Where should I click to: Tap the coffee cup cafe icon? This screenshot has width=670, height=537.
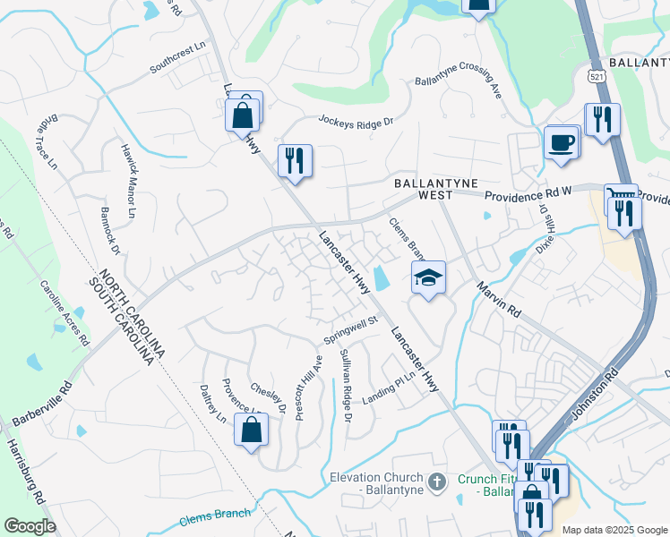click(562, 142)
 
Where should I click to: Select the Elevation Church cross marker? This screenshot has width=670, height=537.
click(437, 482)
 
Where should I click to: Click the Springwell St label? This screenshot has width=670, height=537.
click(352, 329)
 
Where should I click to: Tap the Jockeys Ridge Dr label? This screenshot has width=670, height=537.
click(356, 121)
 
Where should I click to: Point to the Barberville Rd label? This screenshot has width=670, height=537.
click(41, 405)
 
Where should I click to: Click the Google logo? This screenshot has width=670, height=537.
click(30, 526)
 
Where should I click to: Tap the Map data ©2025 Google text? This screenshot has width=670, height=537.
click(614, 529)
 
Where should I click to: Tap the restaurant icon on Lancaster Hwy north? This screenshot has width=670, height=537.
click(295, 161)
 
